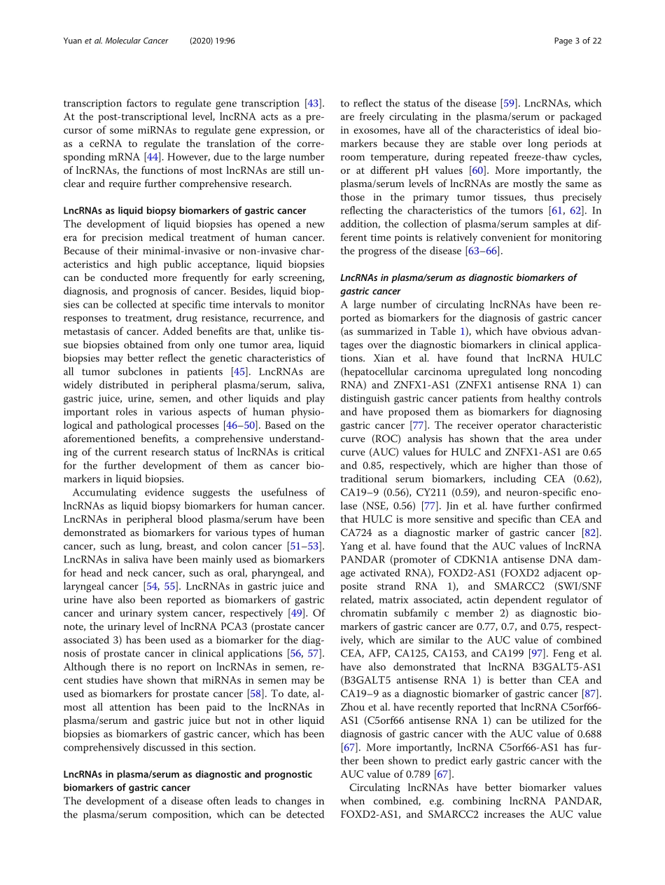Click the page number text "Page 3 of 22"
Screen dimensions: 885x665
(x=577, y=41)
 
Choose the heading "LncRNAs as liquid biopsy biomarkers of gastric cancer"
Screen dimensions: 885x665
(x=185, y=210)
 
